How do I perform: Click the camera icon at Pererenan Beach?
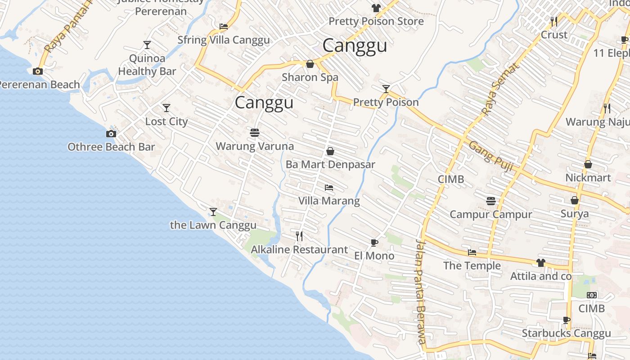[38, 71]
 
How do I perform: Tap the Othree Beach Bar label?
[111, 147]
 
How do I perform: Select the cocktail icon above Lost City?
[166, 108]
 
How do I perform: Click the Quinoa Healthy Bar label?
[147, 65]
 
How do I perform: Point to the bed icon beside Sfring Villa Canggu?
[224, 27]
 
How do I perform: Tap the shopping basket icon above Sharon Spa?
[310, 64]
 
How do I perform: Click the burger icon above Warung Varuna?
[255, 133]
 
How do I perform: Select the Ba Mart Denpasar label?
[330, 164]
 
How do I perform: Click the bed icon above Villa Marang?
[329, 187]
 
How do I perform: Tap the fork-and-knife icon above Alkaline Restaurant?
[299, 236]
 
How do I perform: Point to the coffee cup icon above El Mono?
[374, 243]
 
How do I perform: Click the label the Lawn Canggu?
[213, 225]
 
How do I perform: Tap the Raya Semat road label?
[500, 90]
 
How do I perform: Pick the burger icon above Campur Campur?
[491, 201]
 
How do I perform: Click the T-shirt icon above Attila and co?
[540, 262]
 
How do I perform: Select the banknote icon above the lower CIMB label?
[592, 295]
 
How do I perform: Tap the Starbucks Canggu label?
[566, 333]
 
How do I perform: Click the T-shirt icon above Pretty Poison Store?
[376, 8]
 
